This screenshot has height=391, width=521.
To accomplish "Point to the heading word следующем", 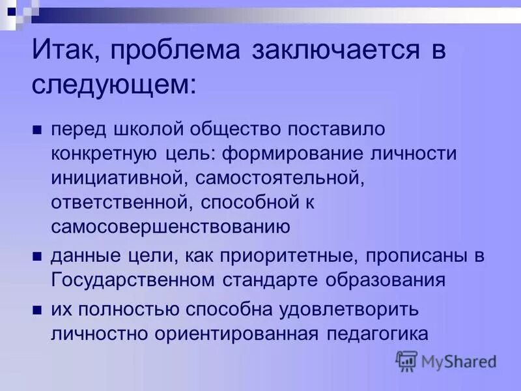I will point(111,85).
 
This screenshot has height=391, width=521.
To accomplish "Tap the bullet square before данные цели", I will point(37,256).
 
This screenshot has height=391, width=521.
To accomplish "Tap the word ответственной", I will point(119,202).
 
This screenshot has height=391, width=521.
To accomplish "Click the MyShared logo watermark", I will point(447,361).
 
